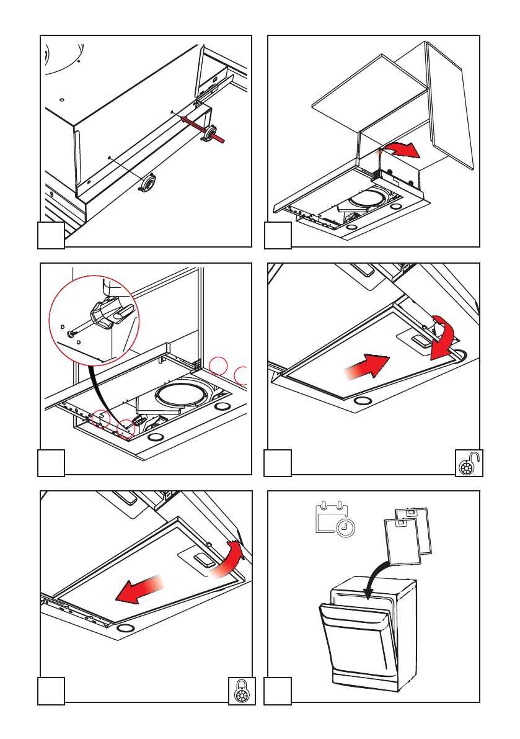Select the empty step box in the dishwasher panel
[278, 691]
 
